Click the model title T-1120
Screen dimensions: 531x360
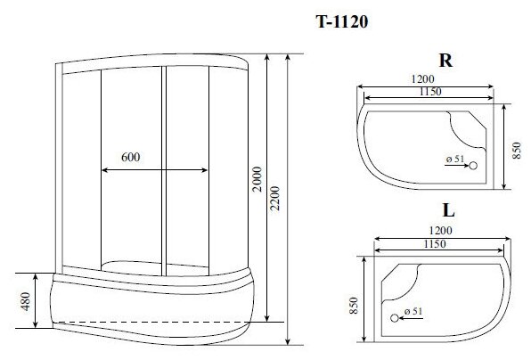tap(342, 22)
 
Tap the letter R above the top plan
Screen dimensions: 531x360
tap(445, 61)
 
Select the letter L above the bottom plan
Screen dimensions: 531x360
tap(448, 210)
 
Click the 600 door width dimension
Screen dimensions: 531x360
tap(130, 157)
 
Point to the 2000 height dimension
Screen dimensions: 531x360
tap(257, 179)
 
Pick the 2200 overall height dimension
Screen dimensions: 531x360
tap(275, 199)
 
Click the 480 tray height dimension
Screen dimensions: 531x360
tap(26, 301)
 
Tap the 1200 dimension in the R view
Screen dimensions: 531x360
tap(422, 79)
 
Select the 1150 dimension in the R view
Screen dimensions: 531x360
tap(430, 92)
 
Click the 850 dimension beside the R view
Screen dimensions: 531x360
tap(516, 151)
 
